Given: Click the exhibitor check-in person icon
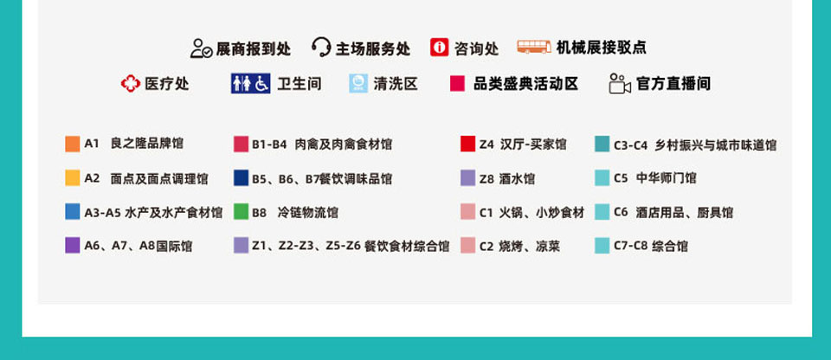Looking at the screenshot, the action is (x=201, y=48).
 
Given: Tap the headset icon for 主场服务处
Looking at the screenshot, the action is (x=321, y=48).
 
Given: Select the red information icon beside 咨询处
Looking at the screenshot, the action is (x=440, y=48).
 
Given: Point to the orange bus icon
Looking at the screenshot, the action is (x=534, y=47).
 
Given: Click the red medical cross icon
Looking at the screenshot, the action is (x=131, y=83).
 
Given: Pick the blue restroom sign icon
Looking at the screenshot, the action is (x=251, y=83).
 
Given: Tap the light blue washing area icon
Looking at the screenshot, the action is (x=358, y=83).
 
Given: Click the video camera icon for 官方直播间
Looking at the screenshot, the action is (x=620, y=83).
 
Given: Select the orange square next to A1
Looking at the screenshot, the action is (x=73, y=144).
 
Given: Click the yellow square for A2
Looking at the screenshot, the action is (x=73, y=177).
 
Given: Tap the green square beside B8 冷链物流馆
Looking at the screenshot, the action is (x=242, y=211).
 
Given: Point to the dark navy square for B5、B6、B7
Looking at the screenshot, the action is (x=242, y=177).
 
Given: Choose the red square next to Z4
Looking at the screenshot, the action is (x=468, y=144).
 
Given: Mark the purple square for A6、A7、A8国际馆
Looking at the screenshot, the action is (x=73, y=245).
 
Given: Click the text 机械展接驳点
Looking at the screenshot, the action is (x=602, y=48).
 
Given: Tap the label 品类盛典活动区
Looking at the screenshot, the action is (x=525, y=83).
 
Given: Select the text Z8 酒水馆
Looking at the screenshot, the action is (x=507, y=178).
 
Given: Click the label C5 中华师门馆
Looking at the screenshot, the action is (x=655, y=178).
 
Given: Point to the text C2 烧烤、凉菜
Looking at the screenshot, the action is (x=520, y=246).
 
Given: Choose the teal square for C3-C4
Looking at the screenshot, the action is (x=602, y=144).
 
